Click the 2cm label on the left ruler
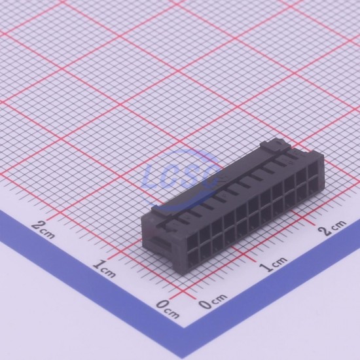click(43, 229)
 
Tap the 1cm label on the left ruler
click(104, 268)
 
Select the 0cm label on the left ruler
click(168, 309)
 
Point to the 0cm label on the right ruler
click(213, 301)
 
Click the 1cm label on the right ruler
click(273, 264)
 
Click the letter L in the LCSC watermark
click(151, 176)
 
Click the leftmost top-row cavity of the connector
click(192, 238)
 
